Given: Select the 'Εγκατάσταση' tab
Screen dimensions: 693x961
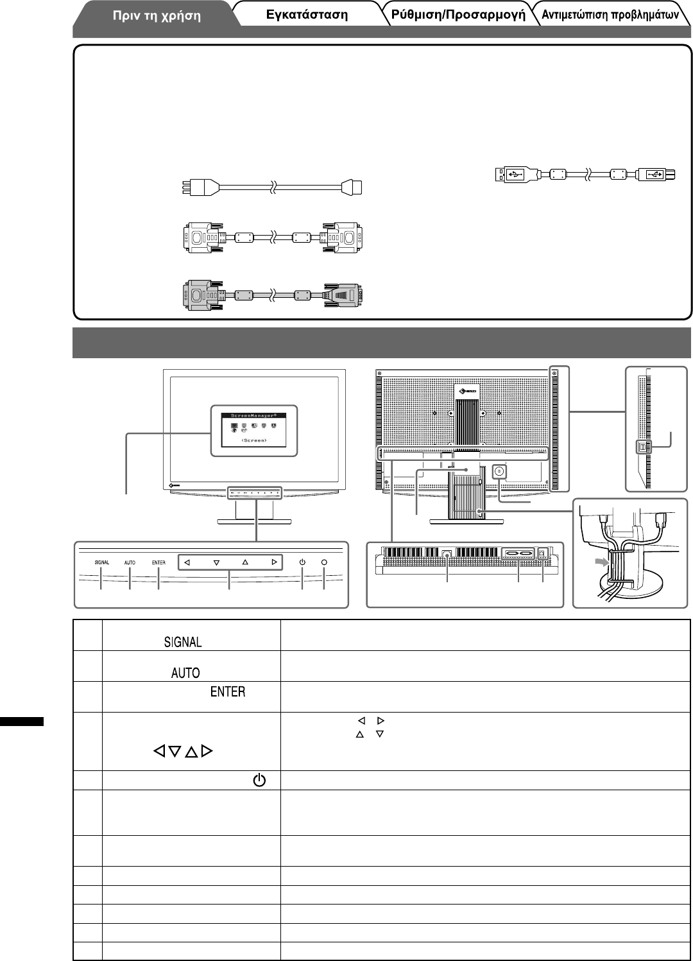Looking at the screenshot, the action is pos(307,15).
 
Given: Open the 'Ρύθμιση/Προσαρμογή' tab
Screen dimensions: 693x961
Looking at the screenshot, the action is pos(458,15).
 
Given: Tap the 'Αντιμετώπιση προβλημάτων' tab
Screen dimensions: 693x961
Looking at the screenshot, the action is pos(610,15).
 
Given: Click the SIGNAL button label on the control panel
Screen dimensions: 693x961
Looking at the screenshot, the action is pos(102,562).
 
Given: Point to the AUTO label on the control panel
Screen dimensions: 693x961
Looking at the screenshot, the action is pos(130,562).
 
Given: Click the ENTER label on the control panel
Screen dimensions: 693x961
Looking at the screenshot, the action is pos(158,562).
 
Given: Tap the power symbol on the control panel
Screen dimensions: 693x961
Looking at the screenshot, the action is pos(302,562).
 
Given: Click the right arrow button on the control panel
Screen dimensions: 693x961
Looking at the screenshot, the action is pos(274,562).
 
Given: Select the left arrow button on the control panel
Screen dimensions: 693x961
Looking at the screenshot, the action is pos(187,562).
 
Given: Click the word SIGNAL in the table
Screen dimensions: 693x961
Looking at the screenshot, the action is pos(183,642).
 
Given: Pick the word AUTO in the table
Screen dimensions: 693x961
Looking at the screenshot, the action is pos(185,673).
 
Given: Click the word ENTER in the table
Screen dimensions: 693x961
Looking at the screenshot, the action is pos(228,691).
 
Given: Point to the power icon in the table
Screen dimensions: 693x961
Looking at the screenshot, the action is pos(259,781).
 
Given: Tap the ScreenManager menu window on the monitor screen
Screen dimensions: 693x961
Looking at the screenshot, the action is pos(255,430).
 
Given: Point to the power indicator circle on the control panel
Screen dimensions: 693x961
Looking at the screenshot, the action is pos(324,562).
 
